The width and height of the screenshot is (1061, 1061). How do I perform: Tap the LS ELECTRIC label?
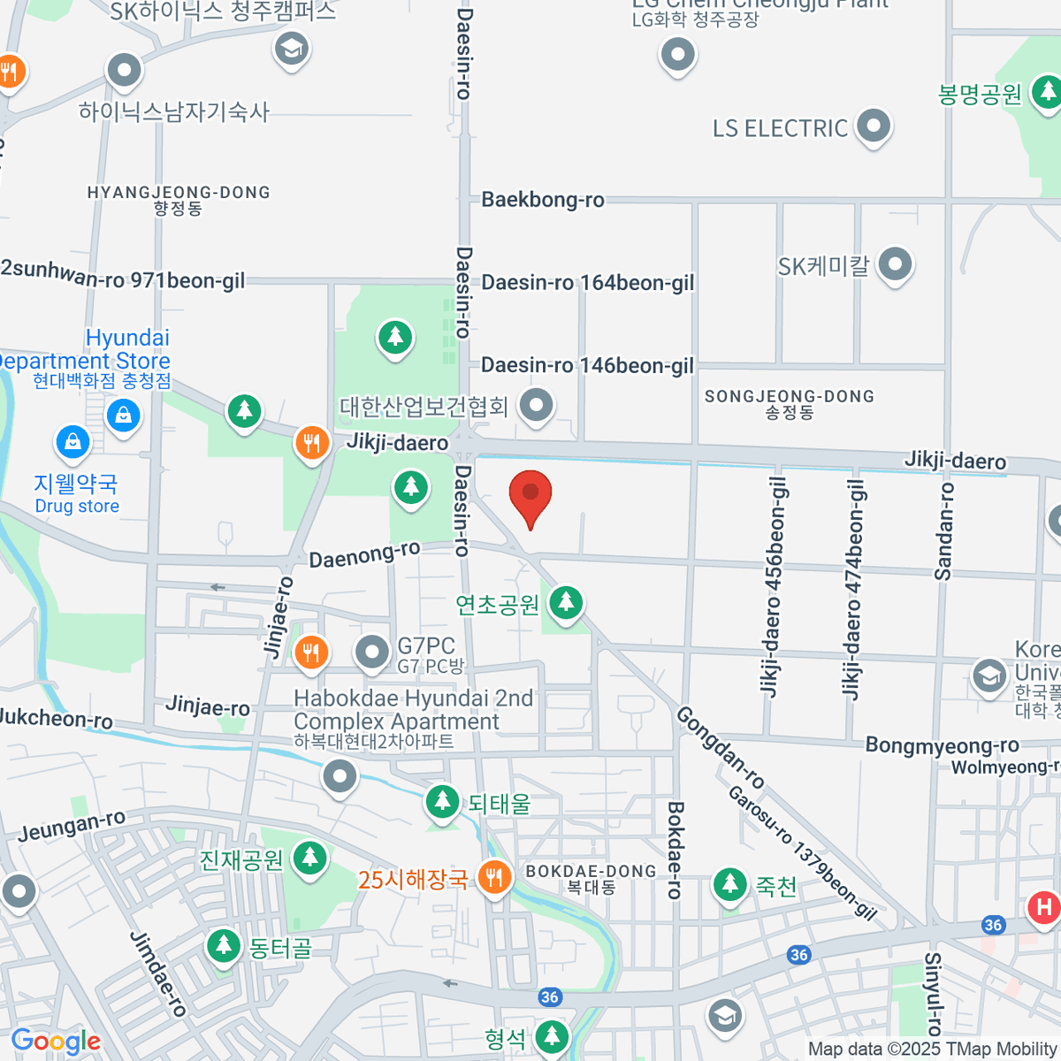(780, 129)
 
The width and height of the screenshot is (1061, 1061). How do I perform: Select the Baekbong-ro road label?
(543, 200)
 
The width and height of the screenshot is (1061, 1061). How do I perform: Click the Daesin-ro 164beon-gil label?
(588, 283)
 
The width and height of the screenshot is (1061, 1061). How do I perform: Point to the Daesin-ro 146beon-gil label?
(587, 365)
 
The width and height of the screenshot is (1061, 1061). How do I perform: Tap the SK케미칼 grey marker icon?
(896, 264)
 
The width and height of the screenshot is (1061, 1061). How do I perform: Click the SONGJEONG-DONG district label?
(790, 403)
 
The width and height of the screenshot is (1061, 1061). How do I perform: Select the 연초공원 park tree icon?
(566, 603)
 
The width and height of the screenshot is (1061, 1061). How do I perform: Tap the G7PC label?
(426, 646)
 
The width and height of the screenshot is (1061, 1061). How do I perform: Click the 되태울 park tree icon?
(442, 802)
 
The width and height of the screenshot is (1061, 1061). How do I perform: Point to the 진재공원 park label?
(241, 859)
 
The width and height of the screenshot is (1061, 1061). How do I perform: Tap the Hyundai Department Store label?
(97, 350)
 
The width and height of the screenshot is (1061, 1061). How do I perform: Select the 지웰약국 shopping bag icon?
(73, 441)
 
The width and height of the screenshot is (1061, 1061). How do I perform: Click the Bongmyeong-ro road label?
(942, 745)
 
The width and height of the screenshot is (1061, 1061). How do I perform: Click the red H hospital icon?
(1044, 907)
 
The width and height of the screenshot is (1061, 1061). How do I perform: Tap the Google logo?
(56, 1042)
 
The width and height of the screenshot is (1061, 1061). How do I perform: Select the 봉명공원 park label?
(980, 95)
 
